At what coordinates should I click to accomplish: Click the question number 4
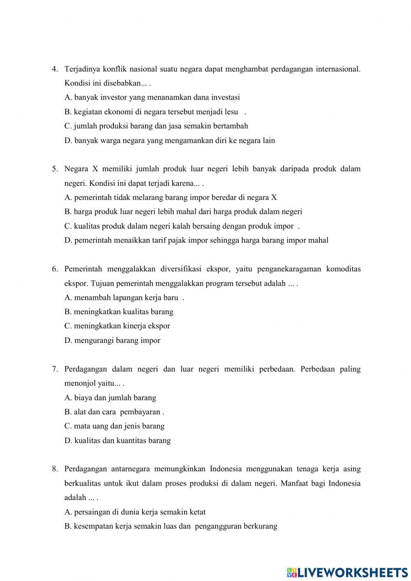[54, 69]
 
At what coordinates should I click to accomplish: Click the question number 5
[54, 169]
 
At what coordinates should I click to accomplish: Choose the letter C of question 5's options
[68, 226]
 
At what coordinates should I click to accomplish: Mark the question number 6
[54, 269]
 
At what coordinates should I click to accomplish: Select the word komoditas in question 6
[343, 269]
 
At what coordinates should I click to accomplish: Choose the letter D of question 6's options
[68, 340]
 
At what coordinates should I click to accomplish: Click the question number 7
[54, 369]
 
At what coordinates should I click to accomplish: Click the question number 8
[54, 469]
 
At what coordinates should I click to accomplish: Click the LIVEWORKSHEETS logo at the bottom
[347, 572]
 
